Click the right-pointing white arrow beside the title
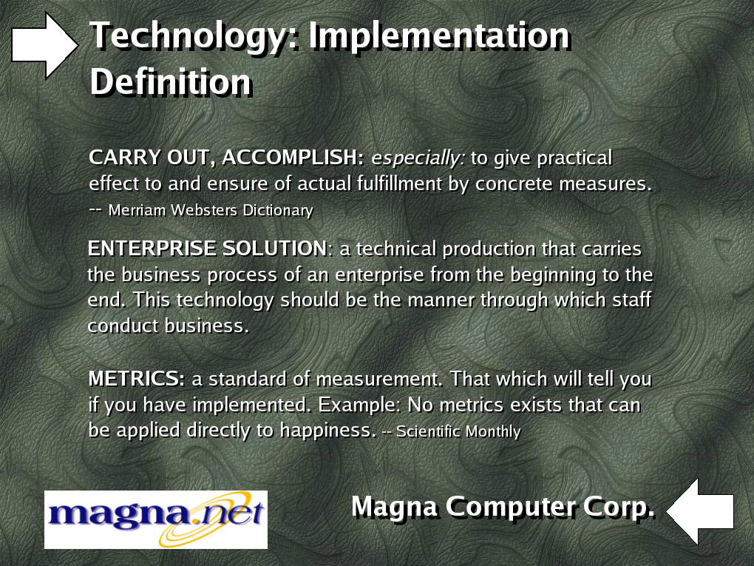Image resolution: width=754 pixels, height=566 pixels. pos(44,45)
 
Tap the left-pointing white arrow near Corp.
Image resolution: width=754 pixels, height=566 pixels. pos(700,511)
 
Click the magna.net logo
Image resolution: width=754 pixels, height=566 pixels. pos(156,519)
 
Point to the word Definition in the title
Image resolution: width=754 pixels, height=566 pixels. pos(171,82)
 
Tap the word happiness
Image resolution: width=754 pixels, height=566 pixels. pos(328,431)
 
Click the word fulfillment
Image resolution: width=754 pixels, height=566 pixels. pos(398,183)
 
